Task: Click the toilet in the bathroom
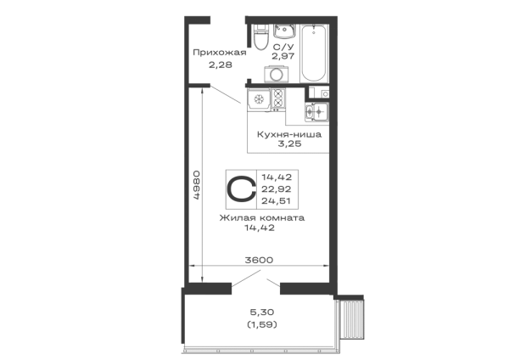coord(260,37)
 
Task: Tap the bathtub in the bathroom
coord(314,53)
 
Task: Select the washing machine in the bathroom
coord(277,74)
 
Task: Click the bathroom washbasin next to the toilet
coord(284,31)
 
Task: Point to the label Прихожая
coord(220,53)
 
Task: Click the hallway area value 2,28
coord(221,65)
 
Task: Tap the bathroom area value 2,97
coord(283,56)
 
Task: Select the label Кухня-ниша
coord(289,134)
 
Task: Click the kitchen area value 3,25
coord(289,143)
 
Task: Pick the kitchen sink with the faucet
coord(316,112)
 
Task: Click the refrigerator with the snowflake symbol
coord(259,99)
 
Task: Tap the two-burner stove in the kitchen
coord(278,98)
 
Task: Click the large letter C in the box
coord(241,189)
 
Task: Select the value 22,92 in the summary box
coord(277,189)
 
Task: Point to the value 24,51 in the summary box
coord(277,201)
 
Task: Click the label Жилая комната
coord(262,217)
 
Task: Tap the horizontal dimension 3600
coord(259,260)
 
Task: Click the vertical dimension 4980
coord(196,185)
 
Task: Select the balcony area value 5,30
coord(262,312)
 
